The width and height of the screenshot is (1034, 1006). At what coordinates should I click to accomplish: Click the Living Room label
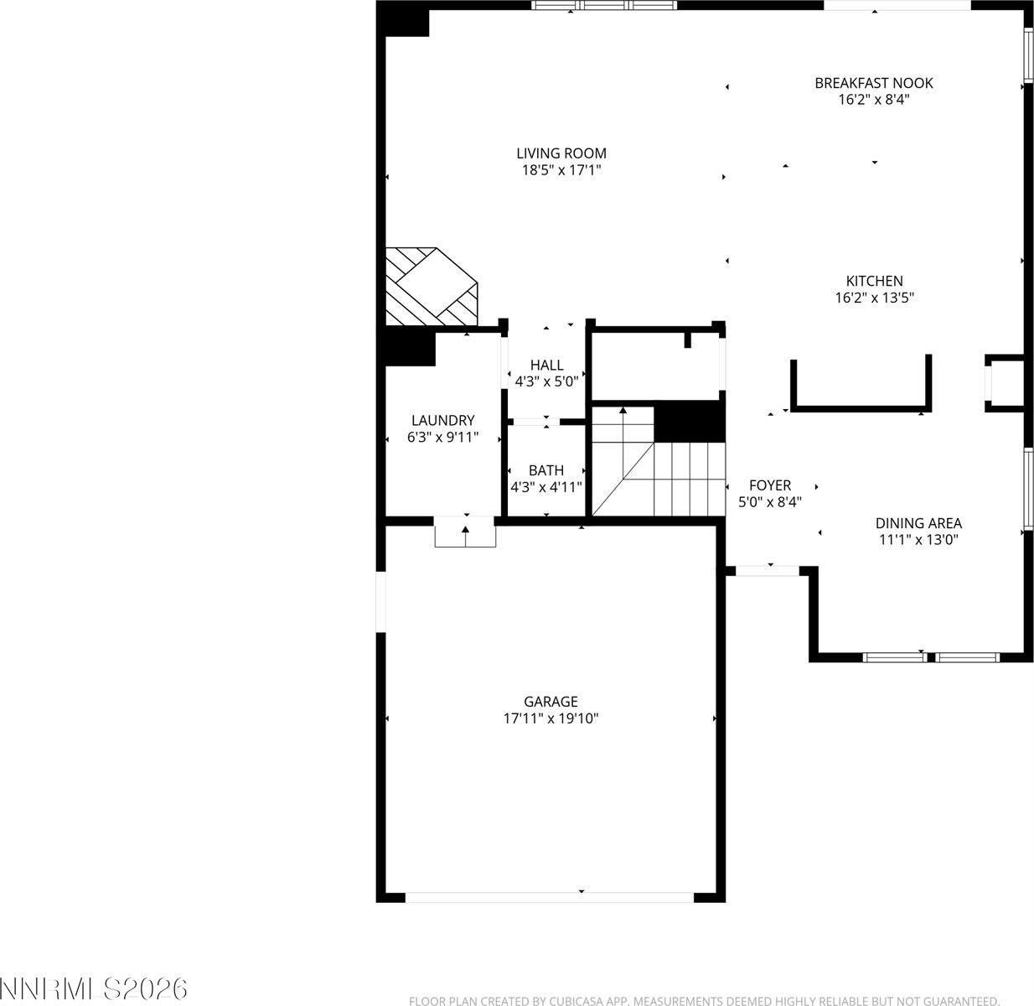[561, 153]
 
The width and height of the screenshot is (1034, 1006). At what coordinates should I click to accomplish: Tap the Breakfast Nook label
[873, 83]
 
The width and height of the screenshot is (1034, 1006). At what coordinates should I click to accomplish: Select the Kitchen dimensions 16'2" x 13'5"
[874, 298]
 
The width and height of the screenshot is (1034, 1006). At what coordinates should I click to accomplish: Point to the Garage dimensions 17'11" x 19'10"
[551, 718]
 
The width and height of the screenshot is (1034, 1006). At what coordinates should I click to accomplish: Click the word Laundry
[442, 420]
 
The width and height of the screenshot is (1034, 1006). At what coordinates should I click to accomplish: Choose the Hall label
[546, 366]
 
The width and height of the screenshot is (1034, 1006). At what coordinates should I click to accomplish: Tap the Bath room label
[546, 470]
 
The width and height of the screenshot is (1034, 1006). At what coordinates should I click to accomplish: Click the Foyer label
[769, 485]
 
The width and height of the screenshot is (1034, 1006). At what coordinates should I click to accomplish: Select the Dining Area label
[918, 523]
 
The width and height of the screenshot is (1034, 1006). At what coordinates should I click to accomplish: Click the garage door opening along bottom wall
[550, 896]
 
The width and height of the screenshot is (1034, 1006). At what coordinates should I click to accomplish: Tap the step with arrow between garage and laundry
[465, 534]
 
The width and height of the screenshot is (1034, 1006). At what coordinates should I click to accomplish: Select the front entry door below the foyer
[767, 571]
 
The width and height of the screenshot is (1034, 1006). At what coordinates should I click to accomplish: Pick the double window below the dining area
[930, 657]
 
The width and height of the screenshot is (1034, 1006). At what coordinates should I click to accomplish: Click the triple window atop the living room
[604, 6]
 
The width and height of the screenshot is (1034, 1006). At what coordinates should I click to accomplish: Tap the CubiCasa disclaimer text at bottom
[704, 1000]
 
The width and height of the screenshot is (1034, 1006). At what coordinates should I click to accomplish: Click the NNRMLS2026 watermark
[94, 988]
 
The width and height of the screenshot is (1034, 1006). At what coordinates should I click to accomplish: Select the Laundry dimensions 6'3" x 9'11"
[442, 436]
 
